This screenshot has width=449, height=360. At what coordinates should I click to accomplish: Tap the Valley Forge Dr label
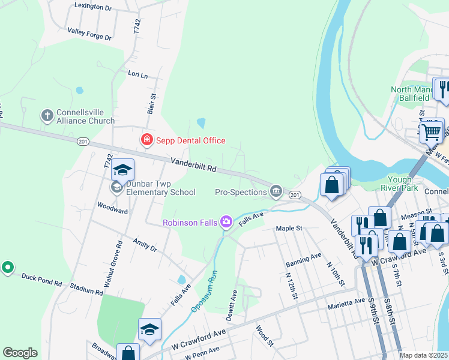[x=89, y=34]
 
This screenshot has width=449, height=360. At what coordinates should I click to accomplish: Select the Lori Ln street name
[x=137, y=74]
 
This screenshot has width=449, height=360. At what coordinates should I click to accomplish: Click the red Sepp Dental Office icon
[x=146, y=140]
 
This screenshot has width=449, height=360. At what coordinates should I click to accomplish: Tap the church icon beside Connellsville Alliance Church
[x=47, y=115]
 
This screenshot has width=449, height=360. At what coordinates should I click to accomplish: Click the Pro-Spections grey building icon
[x=276, y=191]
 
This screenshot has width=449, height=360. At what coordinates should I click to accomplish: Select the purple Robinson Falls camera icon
[x=226, y=223]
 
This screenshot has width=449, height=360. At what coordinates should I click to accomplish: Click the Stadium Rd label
[x=86, y=289]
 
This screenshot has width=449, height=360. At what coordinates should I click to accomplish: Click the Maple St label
[x=288, y=228]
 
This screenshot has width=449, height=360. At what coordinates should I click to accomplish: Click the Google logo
[x=20, y=353]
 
